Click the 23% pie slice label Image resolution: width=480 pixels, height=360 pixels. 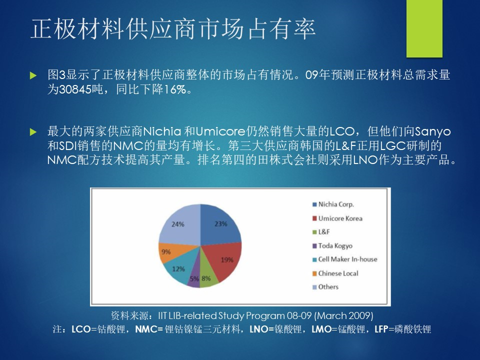pos(220,224)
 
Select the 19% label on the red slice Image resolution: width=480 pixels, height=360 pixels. pos(227,260)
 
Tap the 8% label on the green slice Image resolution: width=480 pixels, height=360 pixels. pos(206,278)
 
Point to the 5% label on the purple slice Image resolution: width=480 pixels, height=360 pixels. pos(194,279)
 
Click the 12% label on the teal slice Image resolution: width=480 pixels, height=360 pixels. pos(178,269)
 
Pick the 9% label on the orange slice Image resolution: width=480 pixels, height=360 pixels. pos(166,251)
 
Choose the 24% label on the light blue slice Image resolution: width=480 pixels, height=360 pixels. pos(178,224)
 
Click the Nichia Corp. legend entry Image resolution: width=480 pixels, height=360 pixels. pos(333,204)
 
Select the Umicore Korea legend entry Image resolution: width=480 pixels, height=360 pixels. pos(337,218)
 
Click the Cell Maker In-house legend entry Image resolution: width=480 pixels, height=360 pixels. pos(345,259)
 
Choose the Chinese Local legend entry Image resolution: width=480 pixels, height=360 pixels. pos(335,273)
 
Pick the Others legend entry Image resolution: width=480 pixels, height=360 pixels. pos(325,287)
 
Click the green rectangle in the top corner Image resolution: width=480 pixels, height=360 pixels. pos(424,28)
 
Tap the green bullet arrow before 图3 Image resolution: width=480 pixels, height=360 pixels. pos(33,75)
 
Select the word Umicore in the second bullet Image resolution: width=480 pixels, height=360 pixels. pos(220,131)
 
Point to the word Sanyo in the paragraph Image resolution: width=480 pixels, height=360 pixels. pos(432,132)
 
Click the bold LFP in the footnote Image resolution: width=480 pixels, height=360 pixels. pos(381,329)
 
